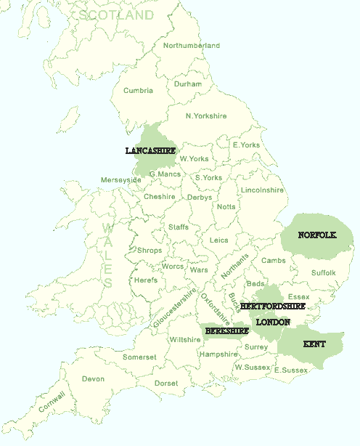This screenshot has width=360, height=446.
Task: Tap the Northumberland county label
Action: point(191,46)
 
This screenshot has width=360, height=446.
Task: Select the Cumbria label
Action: point(139,91)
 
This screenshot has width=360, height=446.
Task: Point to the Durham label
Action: point(188,84)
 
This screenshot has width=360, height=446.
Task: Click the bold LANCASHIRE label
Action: point(150,151)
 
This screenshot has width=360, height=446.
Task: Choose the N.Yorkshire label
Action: point(206,116)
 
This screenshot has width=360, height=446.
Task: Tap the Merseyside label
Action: point(121,180)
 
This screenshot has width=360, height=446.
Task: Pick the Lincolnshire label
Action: point(262,190)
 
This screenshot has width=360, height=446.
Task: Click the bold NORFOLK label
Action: point(317,235)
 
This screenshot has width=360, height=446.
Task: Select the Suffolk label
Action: point(324,273)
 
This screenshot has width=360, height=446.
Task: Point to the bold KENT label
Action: point(314,344)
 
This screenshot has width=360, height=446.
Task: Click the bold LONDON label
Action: point(274,322)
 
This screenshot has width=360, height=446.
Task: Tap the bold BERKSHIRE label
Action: point(226,331)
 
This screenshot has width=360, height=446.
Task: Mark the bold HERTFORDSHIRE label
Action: point(273,307)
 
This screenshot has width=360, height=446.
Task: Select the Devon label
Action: point(93,379)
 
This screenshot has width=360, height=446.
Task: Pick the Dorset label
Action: point(166,384)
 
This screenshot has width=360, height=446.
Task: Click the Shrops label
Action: point(150,251)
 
